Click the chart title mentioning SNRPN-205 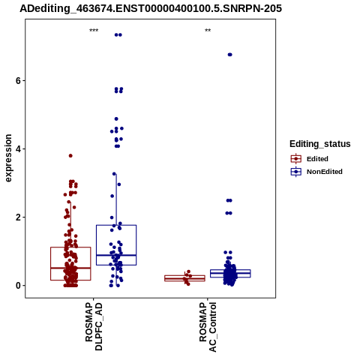pyautogui.click(x=151, y=8)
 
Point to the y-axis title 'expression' pyautogui.click(x=8, y=158)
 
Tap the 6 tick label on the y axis pyautogui.click(x=18, y=81)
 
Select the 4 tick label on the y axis pyautogui.click(x=18, y=149)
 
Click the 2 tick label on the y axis pyautogui.click(x=18, y=217)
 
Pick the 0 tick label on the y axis pyautogui.click(x=18, y=286)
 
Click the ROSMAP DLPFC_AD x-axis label pyautogui.click(x=94, y=326)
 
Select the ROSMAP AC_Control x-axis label pyautogui.click(x=208, y=327)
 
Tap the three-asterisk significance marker pyautogui.click(x=94, y=31)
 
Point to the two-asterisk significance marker pyautogui.click(x=208, y=31)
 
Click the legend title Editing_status pyautogui.click(x=320, y=144)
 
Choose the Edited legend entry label pyautogui.click(x=317, y=159)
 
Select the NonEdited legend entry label pyautogui.click(x=325, y=172)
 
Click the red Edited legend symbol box pyautogui.click(x=296, y=159)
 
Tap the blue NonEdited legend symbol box pyautogui.click(x=296, y=172)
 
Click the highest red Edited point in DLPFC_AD pyautogui.click(x=70, y=156)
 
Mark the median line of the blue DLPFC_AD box pyautogui.click(x=116, y=255)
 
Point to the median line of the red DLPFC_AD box pyautogui.click(x=70, y=268)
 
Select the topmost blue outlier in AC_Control pyautogui.click(x=229, y=55)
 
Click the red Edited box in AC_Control pyautogui.click(x=184, y=278)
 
